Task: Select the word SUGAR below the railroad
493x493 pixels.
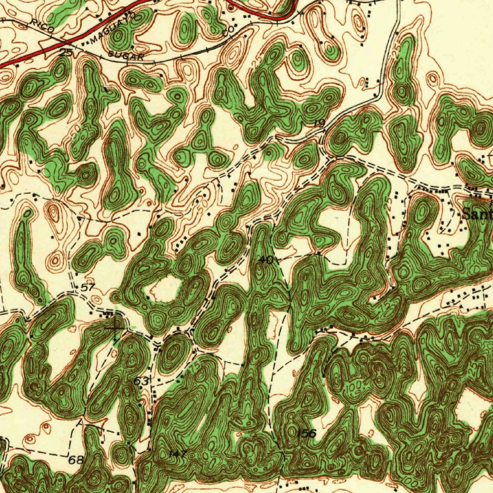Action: pos(127,56)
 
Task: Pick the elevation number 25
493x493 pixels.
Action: pos(66,52)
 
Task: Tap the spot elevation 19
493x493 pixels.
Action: pos(318,124)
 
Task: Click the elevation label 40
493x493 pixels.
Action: pos(266,260)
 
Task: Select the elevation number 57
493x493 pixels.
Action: pos(88,287)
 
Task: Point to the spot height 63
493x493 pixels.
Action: pos(141,381)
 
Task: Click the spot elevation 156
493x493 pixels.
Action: pos(306,433)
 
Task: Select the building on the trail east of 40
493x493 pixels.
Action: pos(319,252)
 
